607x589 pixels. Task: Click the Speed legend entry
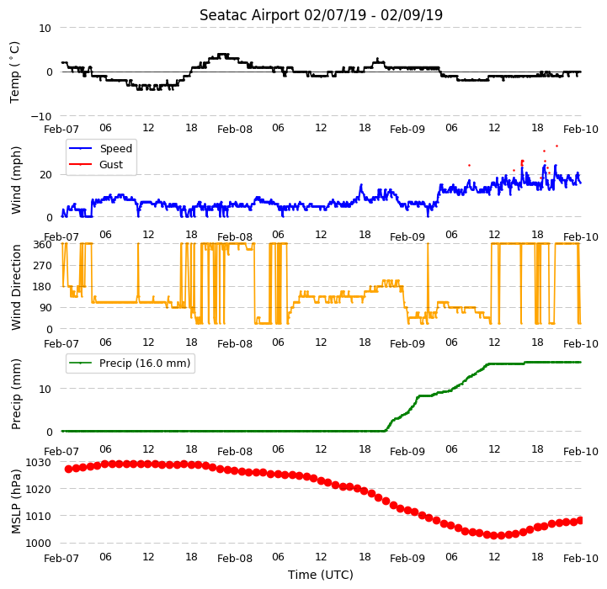click(x=100, y=149)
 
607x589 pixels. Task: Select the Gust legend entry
click(x=96, y=164)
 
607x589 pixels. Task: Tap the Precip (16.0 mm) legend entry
click(x=130, y=363)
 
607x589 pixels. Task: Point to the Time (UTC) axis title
click(x=321, y=575)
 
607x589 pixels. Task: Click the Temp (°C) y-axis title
click(x=14, y=72)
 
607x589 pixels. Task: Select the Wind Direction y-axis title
click(x=16, y=287)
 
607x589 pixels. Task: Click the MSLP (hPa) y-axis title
click(x=16, y=501)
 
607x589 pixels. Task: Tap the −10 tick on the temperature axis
click(x=41, y=116)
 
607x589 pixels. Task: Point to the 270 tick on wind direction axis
click(x=43, y=266)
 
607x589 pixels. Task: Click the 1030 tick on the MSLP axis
click(x=39, y=463)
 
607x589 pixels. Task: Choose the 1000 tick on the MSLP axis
click(x=39, y=544)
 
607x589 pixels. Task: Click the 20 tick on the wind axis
click(x=45, y=175)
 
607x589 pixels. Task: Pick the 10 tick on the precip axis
click(x=45, y=389)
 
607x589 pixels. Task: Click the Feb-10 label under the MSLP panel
click(x=581, y=559)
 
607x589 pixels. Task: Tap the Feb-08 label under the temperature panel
click(x=235, y=130)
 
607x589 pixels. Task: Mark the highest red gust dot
click(x=556, y=146)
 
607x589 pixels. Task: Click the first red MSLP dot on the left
click(x=68, y=469)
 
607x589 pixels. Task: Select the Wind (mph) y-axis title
click(x=16, y=180)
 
